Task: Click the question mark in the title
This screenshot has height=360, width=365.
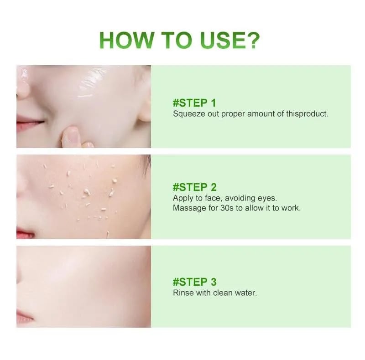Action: (x=253, y=40)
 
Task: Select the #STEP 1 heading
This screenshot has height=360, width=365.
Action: (x=194, y=103)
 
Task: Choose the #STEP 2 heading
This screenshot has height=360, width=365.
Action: (x=195, y=187)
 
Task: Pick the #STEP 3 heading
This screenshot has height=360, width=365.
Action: (x=195, y=282)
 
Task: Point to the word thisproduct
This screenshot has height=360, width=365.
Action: (x=307, y=114)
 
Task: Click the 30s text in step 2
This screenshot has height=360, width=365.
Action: (x=227, y=208)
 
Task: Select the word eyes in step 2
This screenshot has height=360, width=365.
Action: (x=267, y=198)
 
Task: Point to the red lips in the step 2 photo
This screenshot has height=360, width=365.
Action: (x=25, y=232)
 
